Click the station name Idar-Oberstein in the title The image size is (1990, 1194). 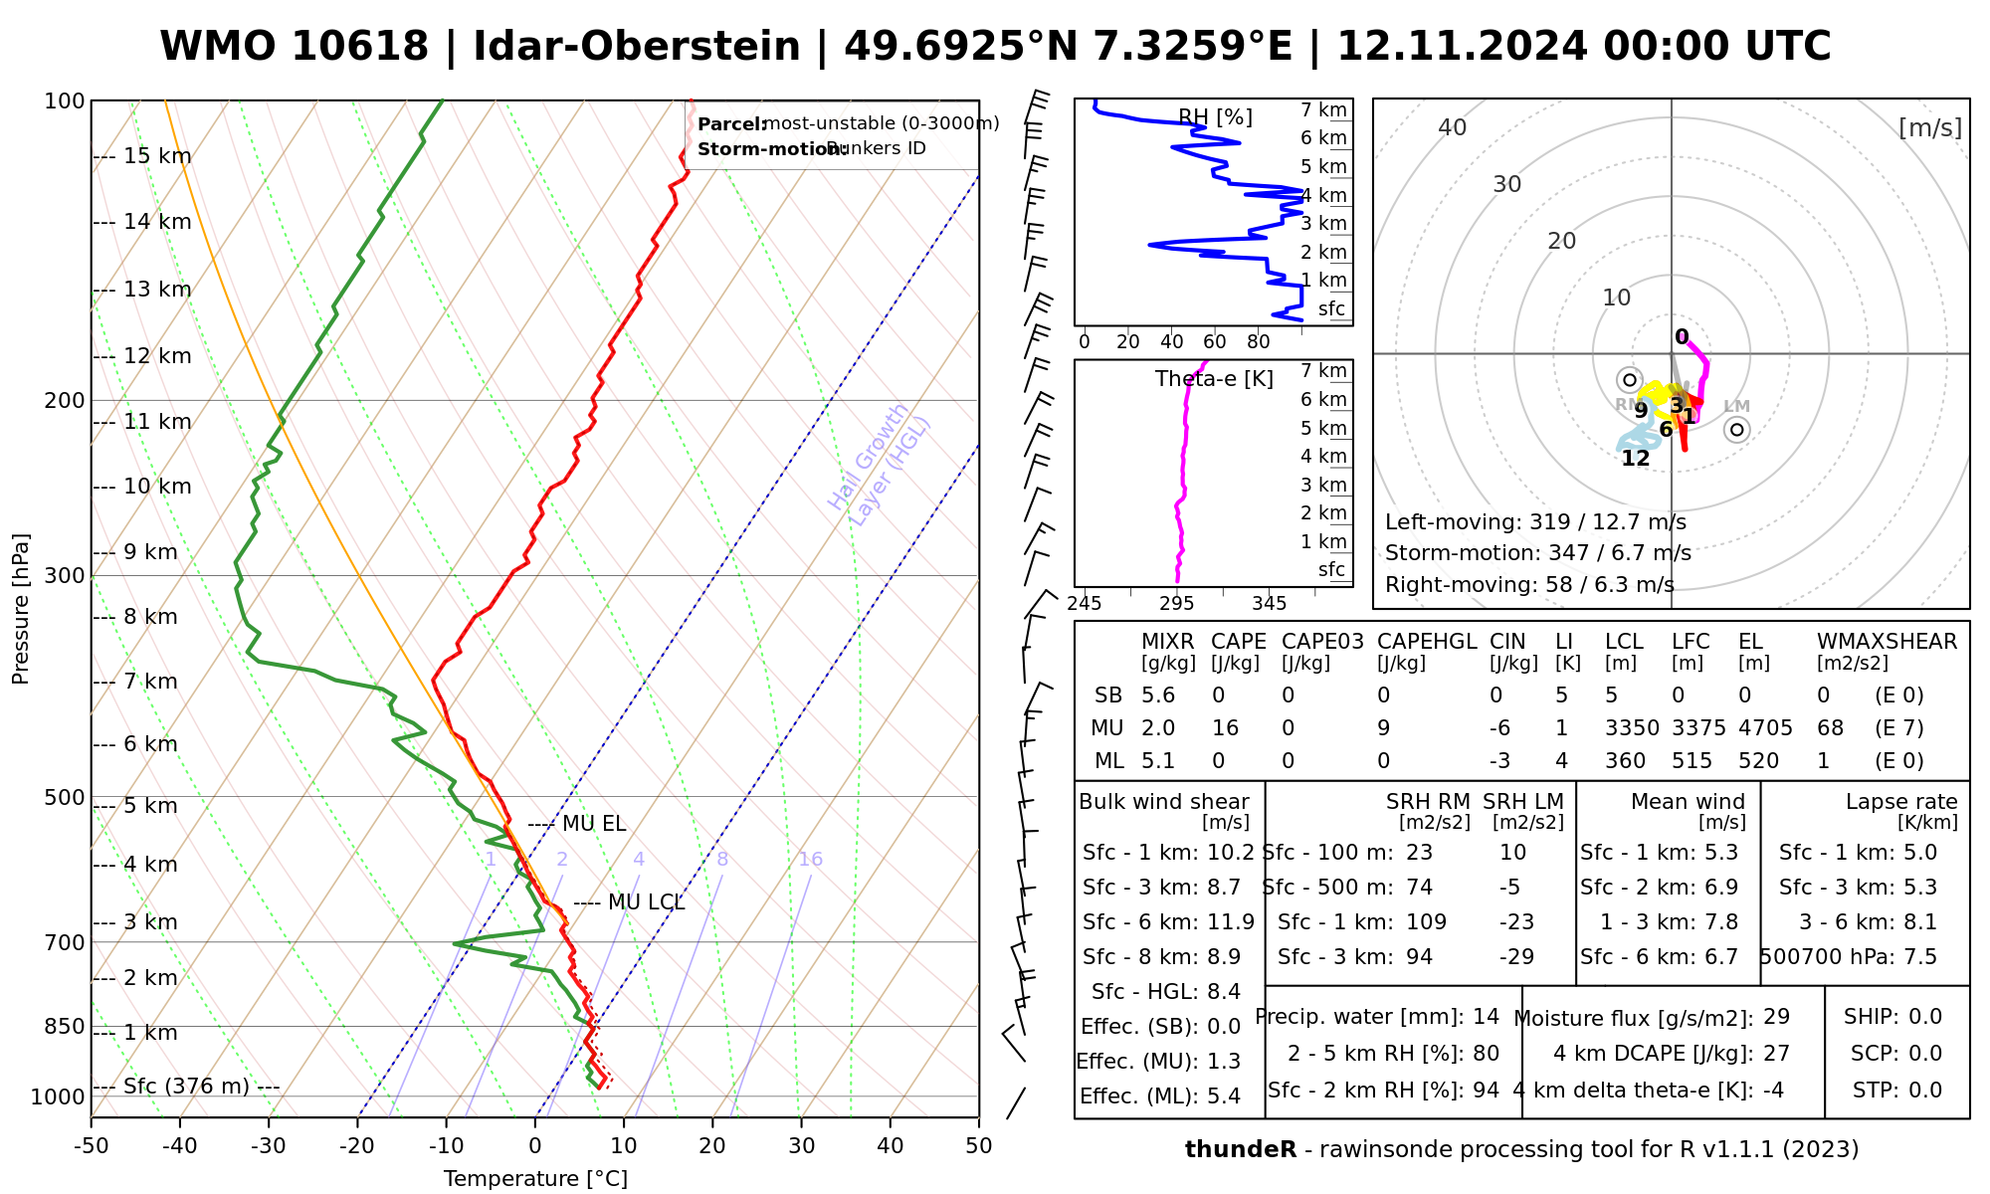[x=637, y=47]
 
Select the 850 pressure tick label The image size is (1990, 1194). [x=66, y=1027]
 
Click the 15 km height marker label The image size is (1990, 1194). [x=157, y=156]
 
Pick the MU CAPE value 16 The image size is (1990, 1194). [x=1225, y=728]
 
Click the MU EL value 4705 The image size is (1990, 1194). [x=1765, y=728]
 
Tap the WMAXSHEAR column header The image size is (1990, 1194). [x=1887, y=642]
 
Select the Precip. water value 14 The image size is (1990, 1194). [x=1486, y=1017]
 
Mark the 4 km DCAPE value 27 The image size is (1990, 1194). [x=1776, y=1054]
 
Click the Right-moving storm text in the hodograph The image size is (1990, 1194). [x=1529, y=585]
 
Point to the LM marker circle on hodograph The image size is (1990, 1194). [x=1737, y=430]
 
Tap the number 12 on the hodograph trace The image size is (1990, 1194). [x=1636, y=459]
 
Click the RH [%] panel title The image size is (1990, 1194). [x=1215, y=117]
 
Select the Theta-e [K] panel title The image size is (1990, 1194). [x=1214, y=379]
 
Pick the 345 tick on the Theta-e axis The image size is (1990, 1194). [x=1269, y=604]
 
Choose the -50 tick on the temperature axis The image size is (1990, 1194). [x=91, y=1146]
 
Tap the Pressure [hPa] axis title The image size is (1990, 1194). [x=21, y=609]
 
